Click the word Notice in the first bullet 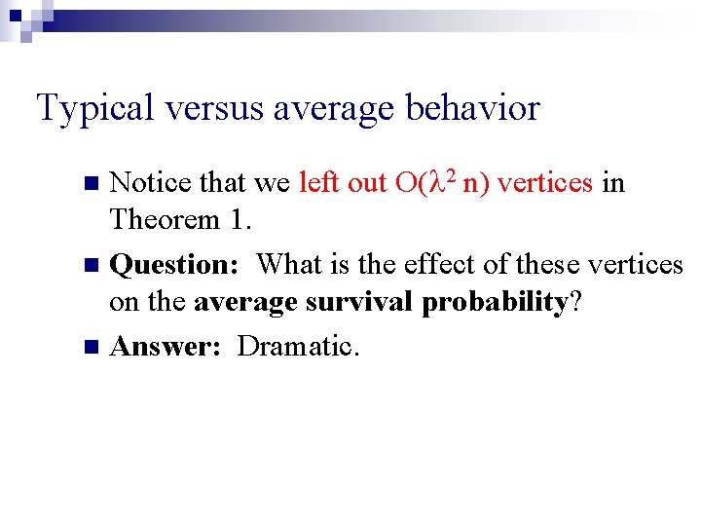(x=151, y=182)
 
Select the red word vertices (x=545, y=182)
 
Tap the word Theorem (x=165, y=219)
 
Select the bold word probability (x=495, y=303)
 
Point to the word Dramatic (x=298, y=346)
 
